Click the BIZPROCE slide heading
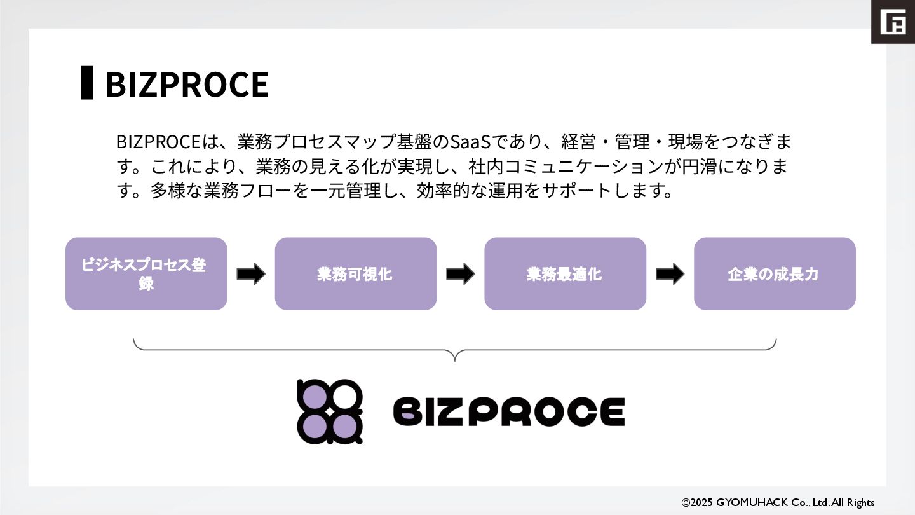187,84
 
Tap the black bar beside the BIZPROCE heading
87,83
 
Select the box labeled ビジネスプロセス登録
146,274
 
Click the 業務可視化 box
355,274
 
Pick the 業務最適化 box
565,274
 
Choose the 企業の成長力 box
774,274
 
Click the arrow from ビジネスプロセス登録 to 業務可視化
251,275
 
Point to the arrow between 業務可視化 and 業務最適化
460,275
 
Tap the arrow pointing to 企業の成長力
670,275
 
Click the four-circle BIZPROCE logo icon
330,411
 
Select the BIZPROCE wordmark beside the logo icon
509,411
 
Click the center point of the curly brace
455,356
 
